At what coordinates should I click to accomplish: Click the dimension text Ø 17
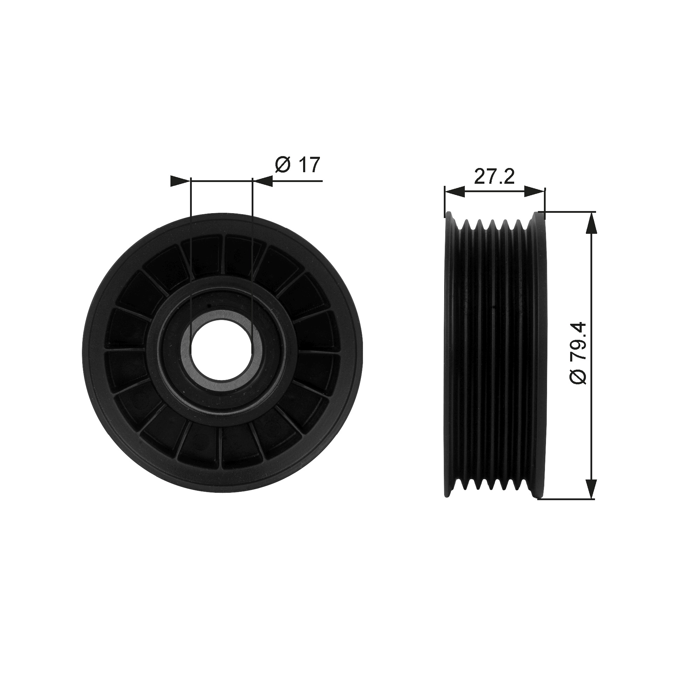click(298, 165)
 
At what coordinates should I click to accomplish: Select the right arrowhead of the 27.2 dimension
click(535, 191)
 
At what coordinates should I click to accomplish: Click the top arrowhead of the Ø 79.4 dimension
click(591, 223)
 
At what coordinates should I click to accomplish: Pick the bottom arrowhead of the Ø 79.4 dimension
click(591, 487)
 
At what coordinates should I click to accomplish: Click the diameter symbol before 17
click(282, 165)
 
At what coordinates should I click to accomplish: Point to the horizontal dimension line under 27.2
click(495, 191)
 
